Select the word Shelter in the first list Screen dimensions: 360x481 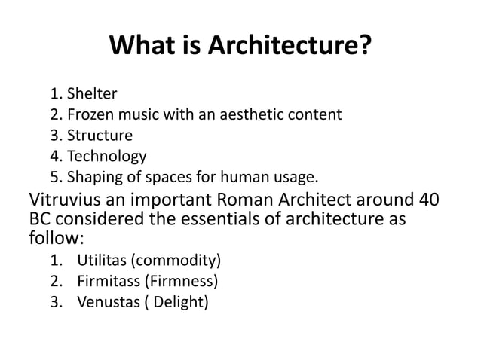92,95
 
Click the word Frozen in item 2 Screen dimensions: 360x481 90,115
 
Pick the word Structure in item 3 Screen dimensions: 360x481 100,136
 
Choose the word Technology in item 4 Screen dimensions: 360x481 106,157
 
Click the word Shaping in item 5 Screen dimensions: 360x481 93,178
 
